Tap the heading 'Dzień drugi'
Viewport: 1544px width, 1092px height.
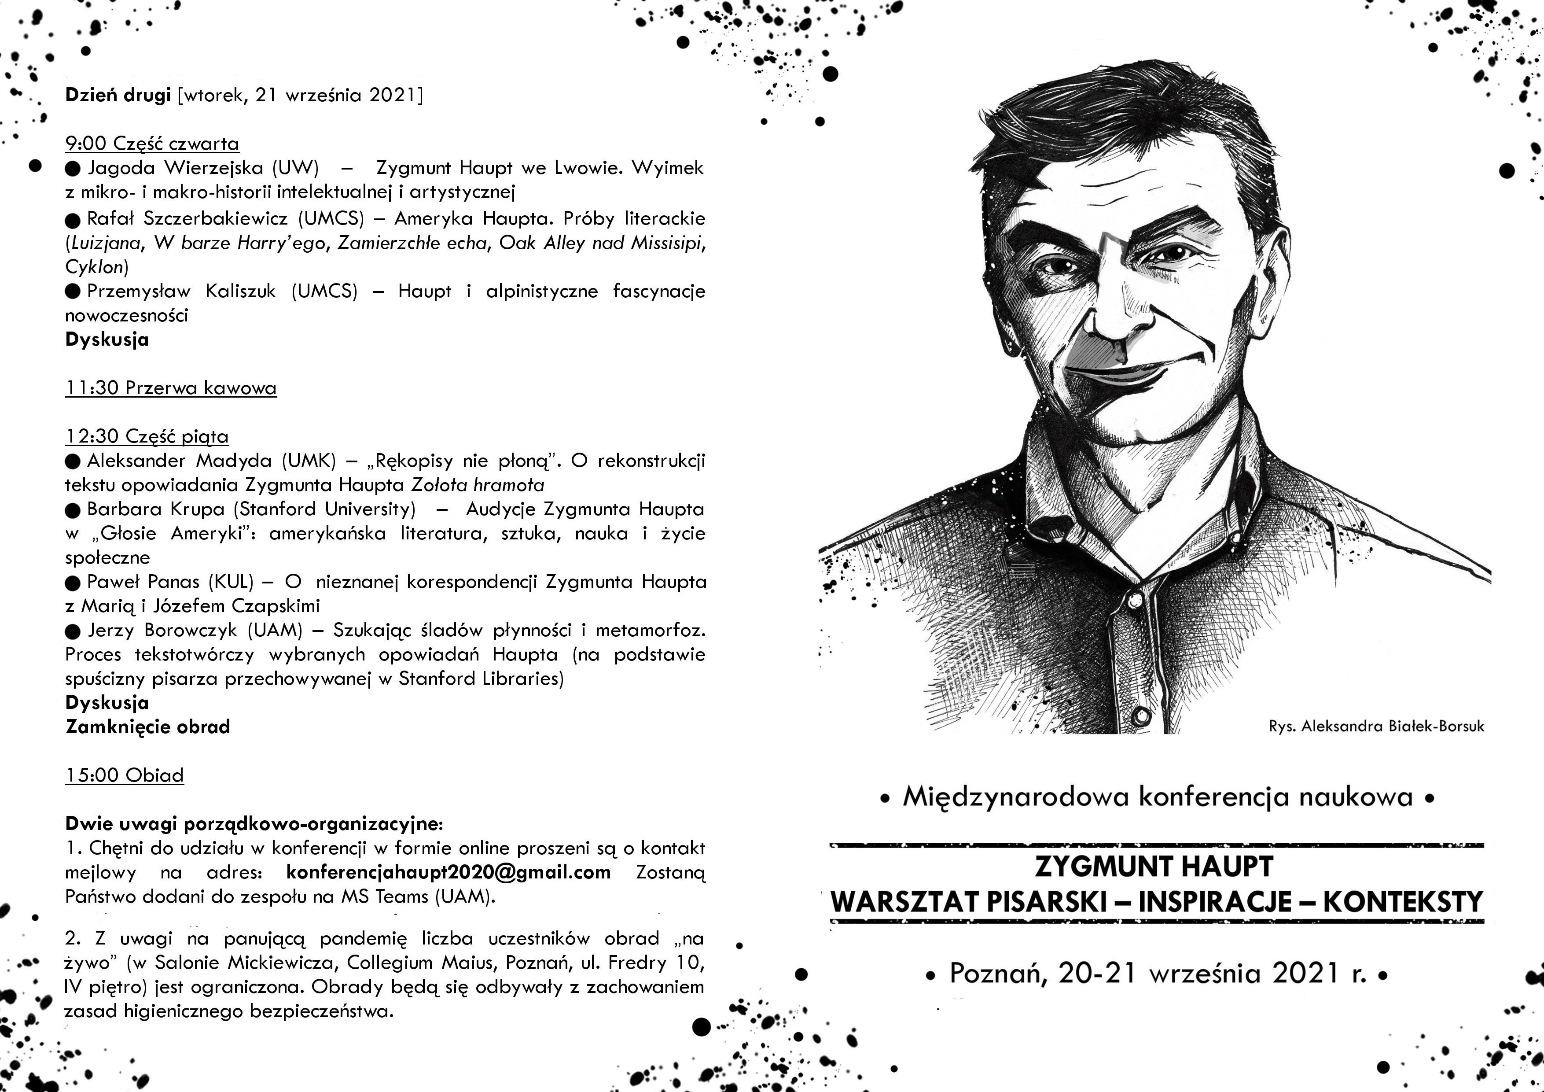click(118, 96)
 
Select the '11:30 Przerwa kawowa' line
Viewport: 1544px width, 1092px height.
click(171, 388)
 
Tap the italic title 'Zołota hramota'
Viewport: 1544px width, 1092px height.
click(478, 485)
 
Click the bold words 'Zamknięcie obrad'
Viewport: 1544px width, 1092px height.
click(148, 727)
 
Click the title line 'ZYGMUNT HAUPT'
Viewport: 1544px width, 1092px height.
click(1154, 867)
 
